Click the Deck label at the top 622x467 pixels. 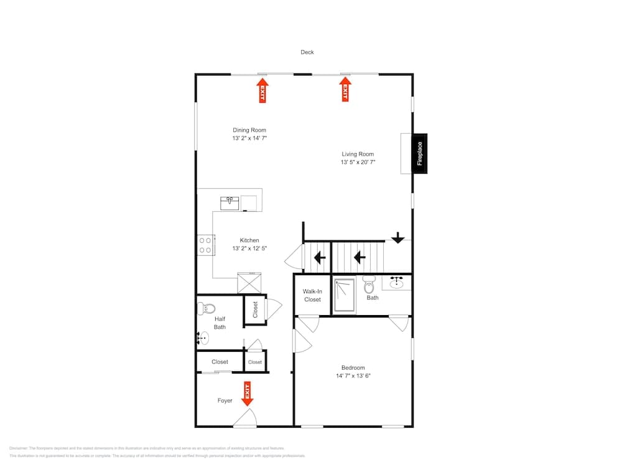coord(307,52)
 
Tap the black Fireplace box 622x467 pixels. coord(420,153)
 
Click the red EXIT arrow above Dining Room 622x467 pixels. coord(262,90)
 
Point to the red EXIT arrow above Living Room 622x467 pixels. coord(344,89)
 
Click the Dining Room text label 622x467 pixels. coord(249,130)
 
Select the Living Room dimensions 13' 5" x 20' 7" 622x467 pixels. coord(358,162)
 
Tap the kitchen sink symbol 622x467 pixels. coord(230,202)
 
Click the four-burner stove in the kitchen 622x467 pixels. coord(205,245)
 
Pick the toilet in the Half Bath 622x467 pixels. coord(207,308)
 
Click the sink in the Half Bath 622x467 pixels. coord(203,338)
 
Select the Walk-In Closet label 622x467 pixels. coord(312,295)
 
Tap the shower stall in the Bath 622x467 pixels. coord(344,295)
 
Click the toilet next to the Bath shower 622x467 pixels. coord(369,286)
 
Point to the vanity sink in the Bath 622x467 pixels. coord(396,283)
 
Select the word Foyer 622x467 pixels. coord(225,400)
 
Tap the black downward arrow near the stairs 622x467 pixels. coord(398,238)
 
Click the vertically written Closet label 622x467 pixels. coord(255,309)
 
